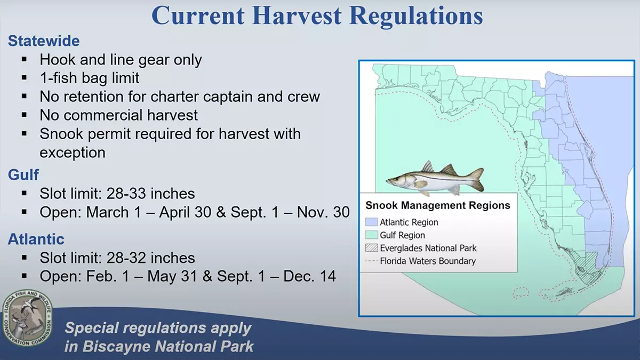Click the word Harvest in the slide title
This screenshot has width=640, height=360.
(297, 16)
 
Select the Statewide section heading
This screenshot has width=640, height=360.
(44, 41)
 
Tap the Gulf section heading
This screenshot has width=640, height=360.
(23, 175)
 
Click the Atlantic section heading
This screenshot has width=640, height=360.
(36, 239)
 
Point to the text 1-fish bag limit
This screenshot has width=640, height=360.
(90, 78)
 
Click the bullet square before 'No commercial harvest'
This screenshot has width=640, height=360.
(25, 115)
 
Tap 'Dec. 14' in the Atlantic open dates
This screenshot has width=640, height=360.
(309, 276)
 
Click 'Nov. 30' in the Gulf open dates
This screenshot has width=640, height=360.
(323, 212)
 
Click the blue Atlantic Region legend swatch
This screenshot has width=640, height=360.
(371, 222)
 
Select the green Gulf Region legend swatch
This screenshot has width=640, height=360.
(371, 235)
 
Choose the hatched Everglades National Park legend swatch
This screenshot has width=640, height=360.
(371, 247)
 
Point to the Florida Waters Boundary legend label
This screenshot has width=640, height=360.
(428, 261)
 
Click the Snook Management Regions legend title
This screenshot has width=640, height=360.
(438, 205)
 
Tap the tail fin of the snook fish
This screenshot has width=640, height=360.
(475, 179)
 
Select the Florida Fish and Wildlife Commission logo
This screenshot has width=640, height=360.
(28, 318)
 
